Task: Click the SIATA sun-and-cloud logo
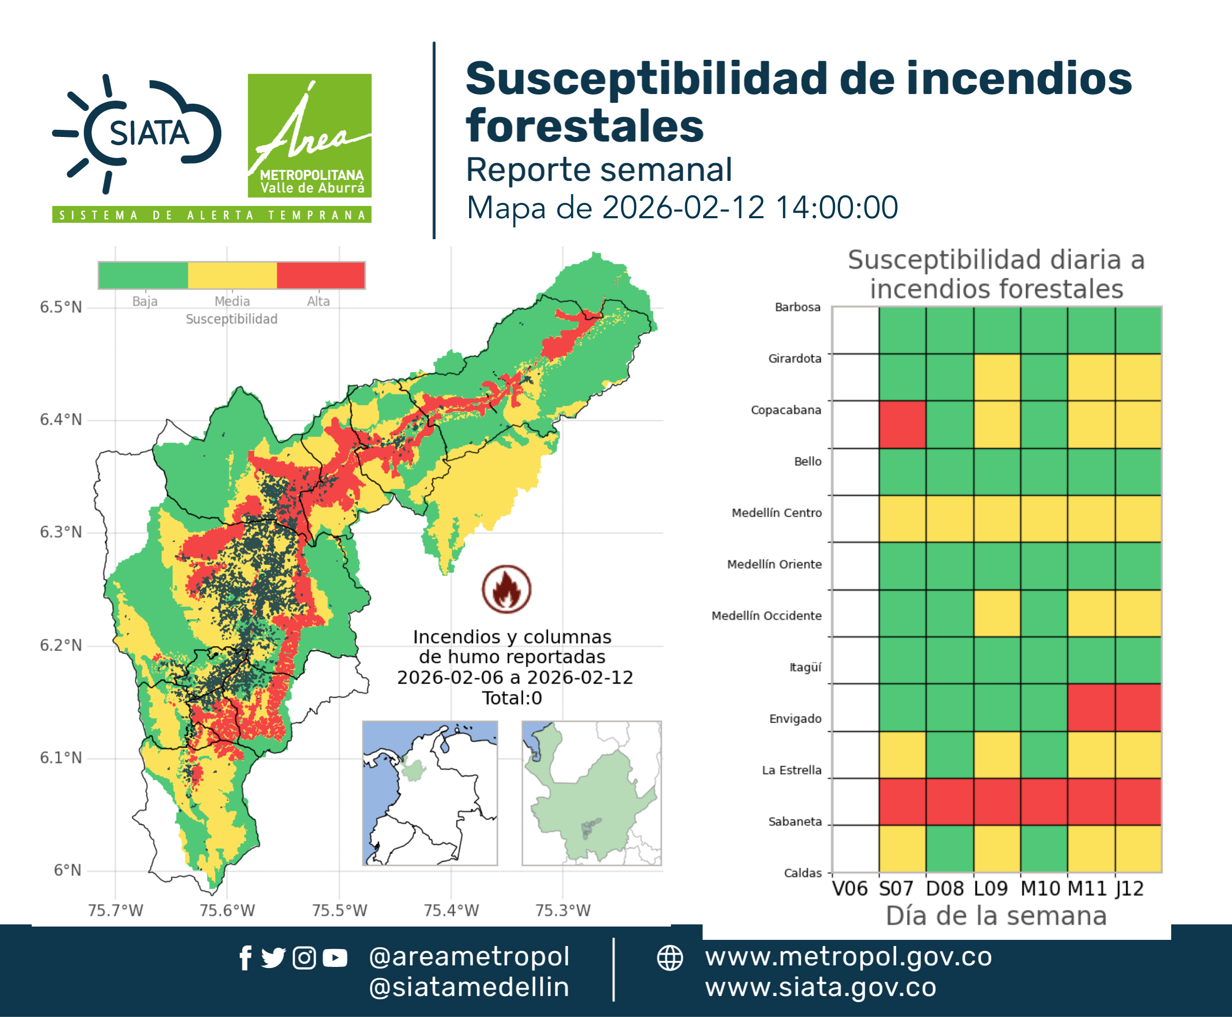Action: (x=137, y=133)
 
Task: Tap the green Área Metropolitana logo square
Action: (x=309, y=135)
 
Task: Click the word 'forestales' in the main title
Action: (x=585, y=126)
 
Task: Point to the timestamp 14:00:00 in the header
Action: (x=836, y=207)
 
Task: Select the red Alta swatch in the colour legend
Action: (x=320, y=275)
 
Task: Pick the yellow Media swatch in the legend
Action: (x=232, y=275)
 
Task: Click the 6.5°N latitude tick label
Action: (x=61, y=307)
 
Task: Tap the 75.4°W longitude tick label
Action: (x=451, y=910)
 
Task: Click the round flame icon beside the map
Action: (x=507, y=589)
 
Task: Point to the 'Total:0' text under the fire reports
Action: (x=512, y=698)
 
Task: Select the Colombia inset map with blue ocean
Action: (x=430, y=793)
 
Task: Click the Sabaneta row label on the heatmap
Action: (x=795, y=821)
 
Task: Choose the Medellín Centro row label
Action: (x=777, y=513)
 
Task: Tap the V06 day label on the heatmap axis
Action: (x=849, y=889)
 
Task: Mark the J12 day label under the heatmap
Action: (x=1129, y=889)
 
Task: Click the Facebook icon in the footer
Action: (x=245, y=958)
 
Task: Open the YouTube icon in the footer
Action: (x=335, y=958)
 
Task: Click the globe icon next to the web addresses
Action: (x=669, y=958)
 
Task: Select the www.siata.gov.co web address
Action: (x=821, y=987)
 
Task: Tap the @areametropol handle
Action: (x=469, y=957)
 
